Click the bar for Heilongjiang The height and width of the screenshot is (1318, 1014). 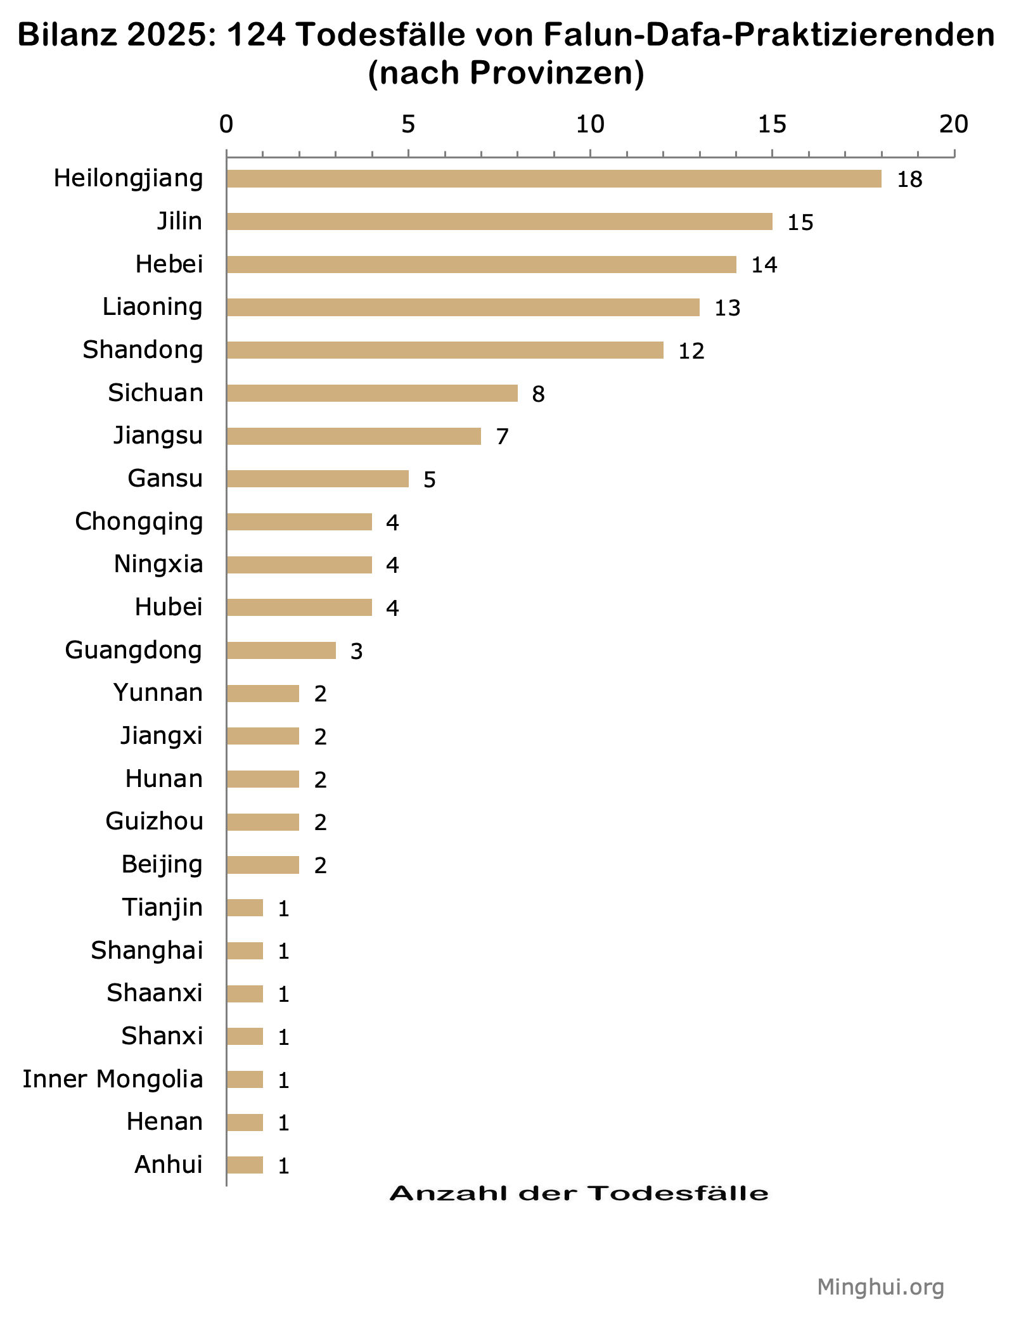tap(553, 179)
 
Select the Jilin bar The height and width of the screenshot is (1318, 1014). tap(499, 221)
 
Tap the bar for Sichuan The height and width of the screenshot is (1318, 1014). tap(372, 393)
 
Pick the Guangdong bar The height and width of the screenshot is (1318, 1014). tap(281, 650)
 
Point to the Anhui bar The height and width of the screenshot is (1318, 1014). tap(245, 1165)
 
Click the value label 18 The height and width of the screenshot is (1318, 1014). tap(909, 180)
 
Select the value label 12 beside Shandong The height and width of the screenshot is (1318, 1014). tap(691, 351)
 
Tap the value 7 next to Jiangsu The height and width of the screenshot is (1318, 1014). tap(502, 437)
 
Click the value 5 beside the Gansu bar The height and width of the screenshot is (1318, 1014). tap(430, 480)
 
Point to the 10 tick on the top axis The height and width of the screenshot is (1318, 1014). tap(590, 125)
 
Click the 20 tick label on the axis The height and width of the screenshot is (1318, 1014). tap(954, 125)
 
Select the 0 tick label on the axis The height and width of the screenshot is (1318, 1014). tap(226, 125)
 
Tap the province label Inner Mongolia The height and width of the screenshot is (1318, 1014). tap(113, 1078)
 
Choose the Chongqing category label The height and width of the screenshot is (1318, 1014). tap(139, 521)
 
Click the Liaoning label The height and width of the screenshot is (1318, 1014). tap(153, 307)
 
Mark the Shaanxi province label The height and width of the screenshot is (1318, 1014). tap(155, 993)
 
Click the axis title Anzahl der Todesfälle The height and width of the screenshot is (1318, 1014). tap(579, 1193)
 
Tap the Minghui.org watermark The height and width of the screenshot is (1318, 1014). tap(880, 1286)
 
